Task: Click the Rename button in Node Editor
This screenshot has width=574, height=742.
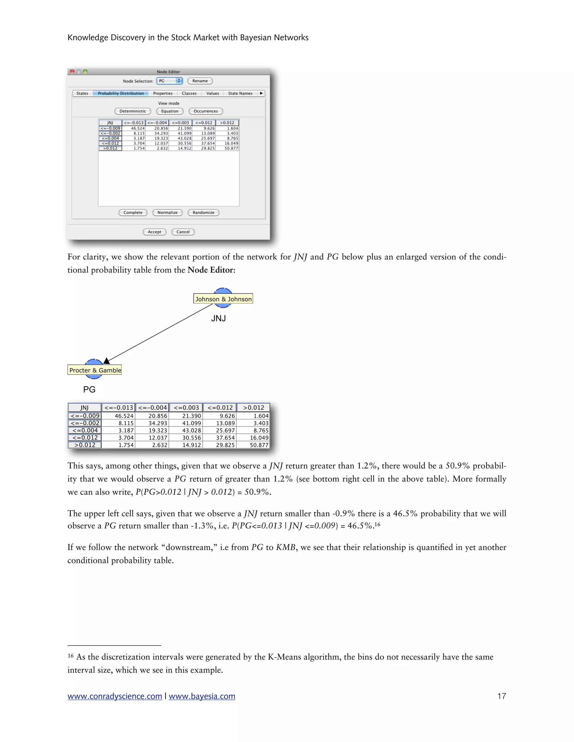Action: click(x=200, y=81)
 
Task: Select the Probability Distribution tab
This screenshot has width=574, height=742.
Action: click(x=121, y=94)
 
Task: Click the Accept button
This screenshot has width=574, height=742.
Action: click(x=154, y=232)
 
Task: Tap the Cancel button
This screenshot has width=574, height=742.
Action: click(x=183, y=232)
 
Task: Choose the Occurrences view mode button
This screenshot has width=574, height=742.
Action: click(x=205, y=111)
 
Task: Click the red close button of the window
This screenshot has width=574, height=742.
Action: click(x=72, y=72)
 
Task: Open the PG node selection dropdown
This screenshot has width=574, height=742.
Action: click(x=170, y=81)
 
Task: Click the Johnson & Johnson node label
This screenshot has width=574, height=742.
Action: click(x=223, y=299)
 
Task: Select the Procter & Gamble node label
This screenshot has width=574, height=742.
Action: click(x=95, y=370)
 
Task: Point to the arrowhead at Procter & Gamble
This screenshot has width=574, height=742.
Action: click(x=107, y=361)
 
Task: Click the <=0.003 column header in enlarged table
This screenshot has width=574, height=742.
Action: click(x=186, y=408)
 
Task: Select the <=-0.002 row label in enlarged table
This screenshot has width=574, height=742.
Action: click(x=85, y=423)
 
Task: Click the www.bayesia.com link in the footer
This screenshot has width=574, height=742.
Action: click(x=202, y=696)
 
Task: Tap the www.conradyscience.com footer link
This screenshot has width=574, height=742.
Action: click(x=115, y=696)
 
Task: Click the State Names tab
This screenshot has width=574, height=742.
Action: click(x=240, y=94)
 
